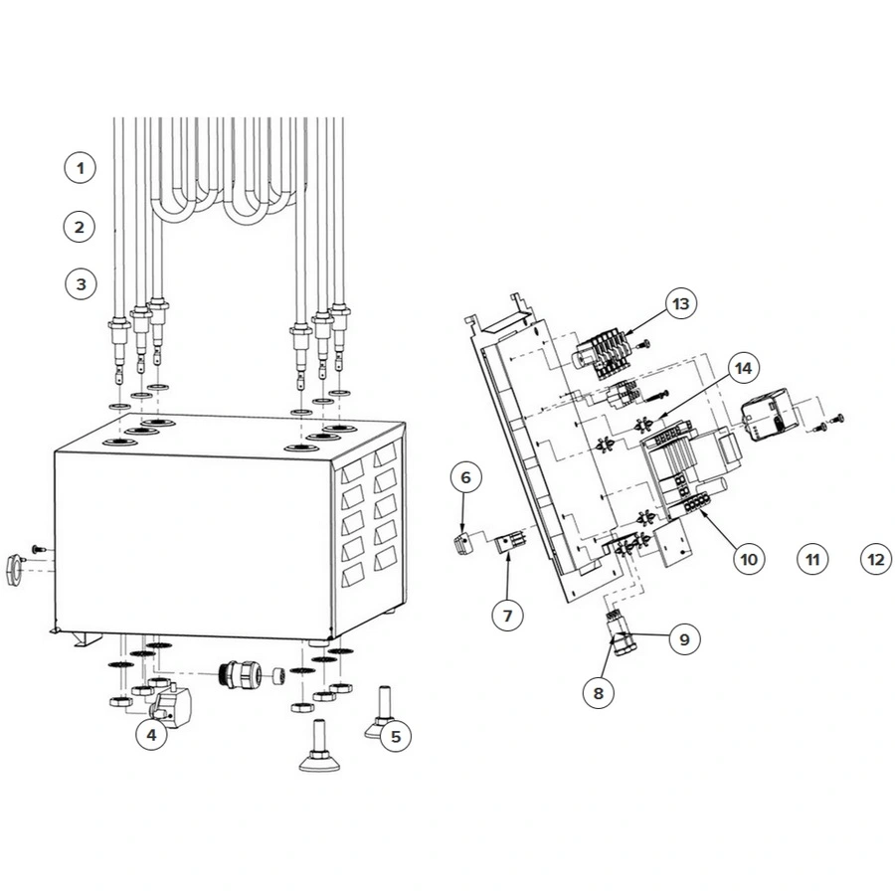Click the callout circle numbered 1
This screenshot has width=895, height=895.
(x=80, y=168)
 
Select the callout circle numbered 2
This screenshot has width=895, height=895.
(x=80, y=227)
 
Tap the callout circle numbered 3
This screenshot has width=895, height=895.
(x=82, y=283)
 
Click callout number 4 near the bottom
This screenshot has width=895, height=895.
(x=151, y=735)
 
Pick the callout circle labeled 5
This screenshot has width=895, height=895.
(x=396, y=736)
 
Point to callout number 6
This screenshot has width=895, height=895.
(x=465, y=477)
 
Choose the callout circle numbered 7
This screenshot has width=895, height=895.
(x=507, y=616)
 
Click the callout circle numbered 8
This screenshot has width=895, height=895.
(x=599, y=693)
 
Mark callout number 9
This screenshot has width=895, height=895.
(x=684, y=639)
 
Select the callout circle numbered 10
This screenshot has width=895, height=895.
(x=749, y=559)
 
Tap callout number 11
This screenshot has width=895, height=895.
(x=812, y=559)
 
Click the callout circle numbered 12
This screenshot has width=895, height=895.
(x=875, y=559)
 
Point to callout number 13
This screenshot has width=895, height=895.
(x=681, y=303)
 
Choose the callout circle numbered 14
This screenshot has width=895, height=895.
(x=743, y=368)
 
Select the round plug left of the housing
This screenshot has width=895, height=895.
(x=15, y=569)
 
